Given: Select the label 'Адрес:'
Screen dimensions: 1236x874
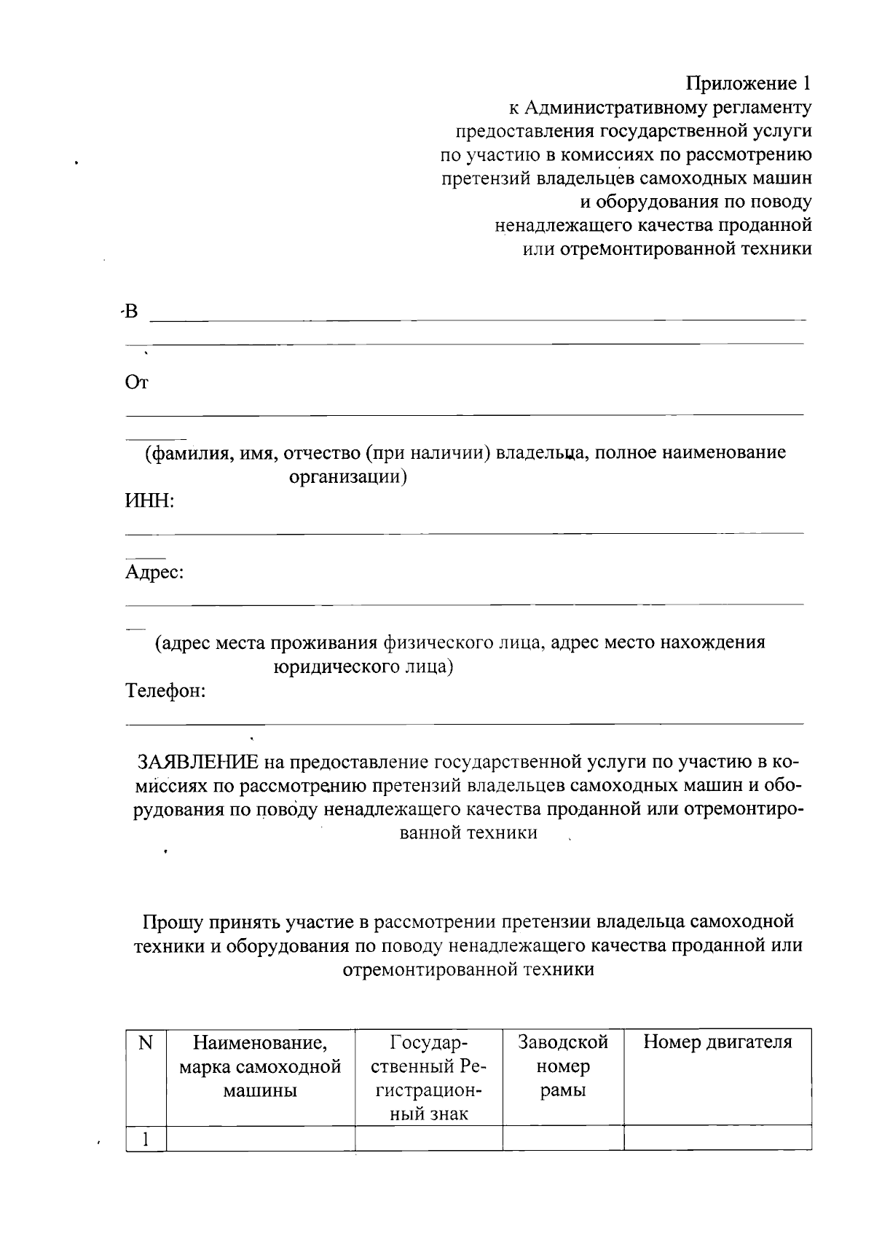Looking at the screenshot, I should coord(154,572).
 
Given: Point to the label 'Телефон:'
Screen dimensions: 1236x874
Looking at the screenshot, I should coord(166,690).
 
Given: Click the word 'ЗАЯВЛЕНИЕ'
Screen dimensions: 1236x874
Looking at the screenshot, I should coord(198,762).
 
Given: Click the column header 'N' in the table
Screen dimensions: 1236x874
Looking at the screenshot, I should coord(146,1043).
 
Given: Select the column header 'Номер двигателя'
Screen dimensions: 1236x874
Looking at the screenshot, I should coord(717,1042).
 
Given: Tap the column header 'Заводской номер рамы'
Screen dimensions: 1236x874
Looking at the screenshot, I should coord(562,1066).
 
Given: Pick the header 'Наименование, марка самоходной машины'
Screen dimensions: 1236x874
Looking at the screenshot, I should coord(260,1066).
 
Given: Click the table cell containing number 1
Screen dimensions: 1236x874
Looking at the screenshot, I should coord(146,1138).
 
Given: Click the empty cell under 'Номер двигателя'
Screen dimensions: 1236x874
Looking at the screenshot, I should coord(717,1138).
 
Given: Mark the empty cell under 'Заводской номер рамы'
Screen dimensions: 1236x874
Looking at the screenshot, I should coord(562,1138).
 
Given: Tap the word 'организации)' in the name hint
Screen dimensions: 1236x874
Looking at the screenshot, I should coord(347,477).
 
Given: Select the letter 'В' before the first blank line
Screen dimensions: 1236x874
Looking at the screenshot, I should coord(130,312).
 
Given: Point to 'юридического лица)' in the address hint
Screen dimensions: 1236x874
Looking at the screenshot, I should coord(363,666).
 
